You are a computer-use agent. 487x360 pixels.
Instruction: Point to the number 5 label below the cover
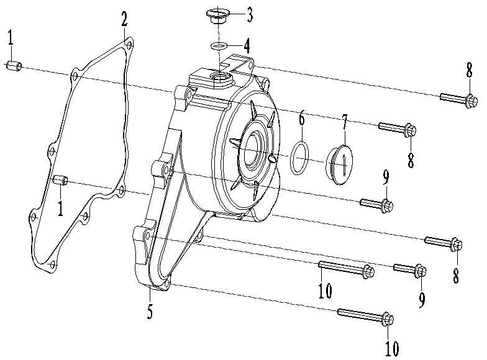[x=150, y=310]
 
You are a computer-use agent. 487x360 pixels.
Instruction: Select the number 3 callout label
[x=249, y=13]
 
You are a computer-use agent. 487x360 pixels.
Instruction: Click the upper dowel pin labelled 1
[x=16, y=65]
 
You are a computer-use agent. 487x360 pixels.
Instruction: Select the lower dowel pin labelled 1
[x=60, y=181]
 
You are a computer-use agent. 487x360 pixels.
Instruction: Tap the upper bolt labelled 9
[x=376, y=203]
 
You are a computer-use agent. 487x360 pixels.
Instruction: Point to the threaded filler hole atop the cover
[x=219, y=78]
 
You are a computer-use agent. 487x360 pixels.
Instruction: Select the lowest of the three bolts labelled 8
[x=444, y=243]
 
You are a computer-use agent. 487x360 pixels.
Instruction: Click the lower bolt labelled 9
[x=410, y=269]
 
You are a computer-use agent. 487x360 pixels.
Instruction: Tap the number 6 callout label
[x=302, y=118]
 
